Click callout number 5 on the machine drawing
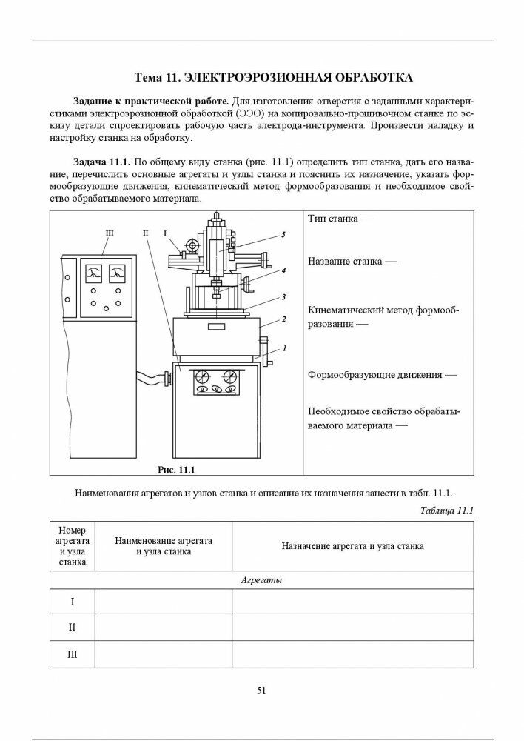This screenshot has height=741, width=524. tap(283, 234)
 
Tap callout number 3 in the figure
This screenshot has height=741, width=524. tap(283, 296)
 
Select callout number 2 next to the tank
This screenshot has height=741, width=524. tap(283, 320)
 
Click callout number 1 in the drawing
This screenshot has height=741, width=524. tap(284, 347)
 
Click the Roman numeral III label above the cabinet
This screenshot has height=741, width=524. tap(109, 233)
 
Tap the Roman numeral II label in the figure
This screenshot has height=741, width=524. tap(146, 233)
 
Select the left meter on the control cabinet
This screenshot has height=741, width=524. tap(93, 273)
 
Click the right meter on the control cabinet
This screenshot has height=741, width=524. tap(117, 273)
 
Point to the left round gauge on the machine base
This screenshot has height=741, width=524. tap(201, 378)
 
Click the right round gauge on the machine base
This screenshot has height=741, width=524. tap(231, 378)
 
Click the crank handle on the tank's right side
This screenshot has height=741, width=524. tap(268, 347)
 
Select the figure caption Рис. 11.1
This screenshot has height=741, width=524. tap(177, 469)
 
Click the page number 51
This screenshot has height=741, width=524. tap(261, 690)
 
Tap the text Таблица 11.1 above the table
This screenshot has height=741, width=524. tap(446, 511)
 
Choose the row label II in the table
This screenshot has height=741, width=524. tap(73, 628)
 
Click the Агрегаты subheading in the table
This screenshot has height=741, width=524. tap(261, 580)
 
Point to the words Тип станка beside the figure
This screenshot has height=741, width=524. tap(335, 219)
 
